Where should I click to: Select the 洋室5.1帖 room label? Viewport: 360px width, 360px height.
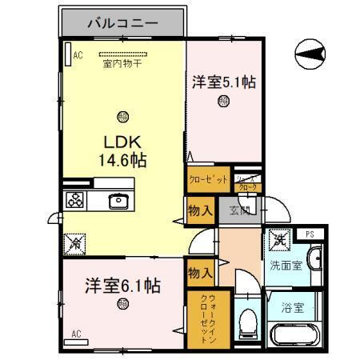(224, 81)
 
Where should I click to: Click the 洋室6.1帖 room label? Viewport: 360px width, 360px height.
(122, 284)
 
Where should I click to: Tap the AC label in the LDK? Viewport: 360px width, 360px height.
(78, 55)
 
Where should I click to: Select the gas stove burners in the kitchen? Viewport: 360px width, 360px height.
(76, 201)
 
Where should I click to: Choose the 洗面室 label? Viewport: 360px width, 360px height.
(285, 265)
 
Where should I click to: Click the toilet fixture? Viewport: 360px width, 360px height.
(248, 322)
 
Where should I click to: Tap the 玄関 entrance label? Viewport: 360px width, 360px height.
(241, 211)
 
